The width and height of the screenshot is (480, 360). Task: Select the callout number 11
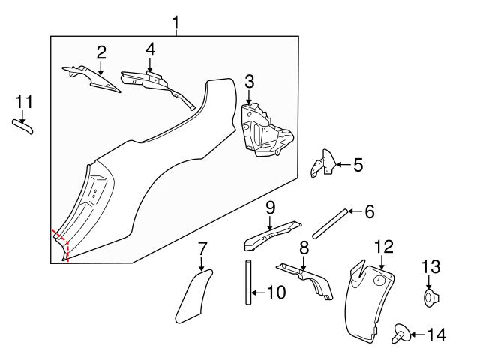pyautogui.click(x=24, y=100)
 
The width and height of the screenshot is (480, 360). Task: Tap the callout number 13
pyautogui.click(x=433, y=266)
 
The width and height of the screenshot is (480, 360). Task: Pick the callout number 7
pyautogui.click(x=202, y=247)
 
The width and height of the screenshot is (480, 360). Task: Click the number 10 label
pyautogui.click(x=275, y=292)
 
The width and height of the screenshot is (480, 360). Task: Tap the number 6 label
pyautogui.click(x=368, y=211)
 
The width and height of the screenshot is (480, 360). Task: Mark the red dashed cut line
pyautogui.click(x=66, y=247)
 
